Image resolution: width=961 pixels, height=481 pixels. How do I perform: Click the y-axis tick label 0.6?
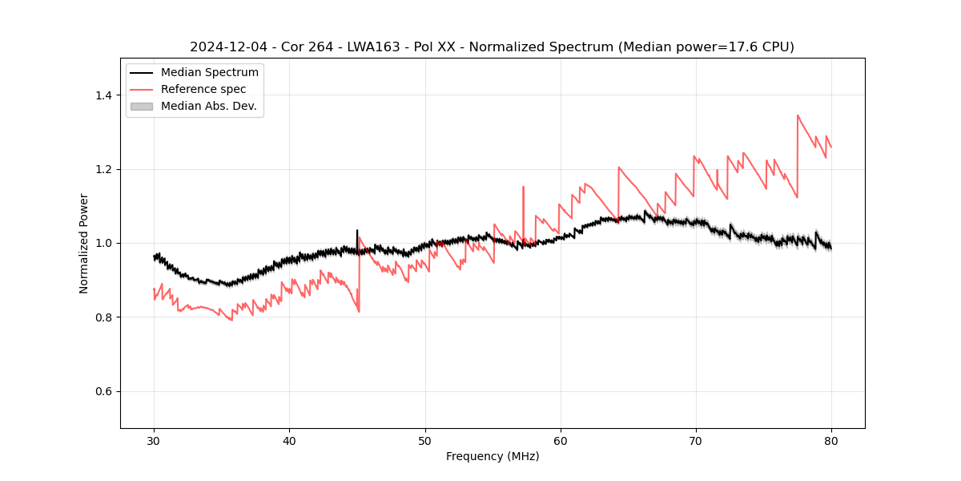coord(103,391)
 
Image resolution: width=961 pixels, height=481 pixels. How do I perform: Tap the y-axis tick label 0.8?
coord(103,317)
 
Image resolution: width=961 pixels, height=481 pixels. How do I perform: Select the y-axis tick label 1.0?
coord(103,243)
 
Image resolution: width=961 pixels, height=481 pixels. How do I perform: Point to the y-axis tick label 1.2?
coord(103,169)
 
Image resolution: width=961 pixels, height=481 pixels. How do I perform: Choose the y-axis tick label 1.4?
coord(103,95)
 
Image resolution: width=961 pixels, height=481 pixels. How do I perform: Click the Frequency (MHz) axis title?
coord(493,456)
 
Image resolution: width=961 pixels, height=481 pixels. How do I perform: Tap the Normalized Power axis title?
coord(84,243)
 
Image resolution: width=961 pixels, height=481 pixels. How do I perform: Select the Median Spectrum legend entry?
coord(209,72)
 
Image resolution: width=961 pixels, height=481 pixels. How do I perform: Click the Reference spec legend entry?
coord(203,89)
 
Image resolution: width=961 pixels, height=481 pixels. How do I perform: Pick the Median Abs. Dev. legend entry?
coord(208,106)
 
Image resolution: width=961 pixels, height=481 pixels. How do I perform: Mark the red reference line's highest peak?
coord(798,115)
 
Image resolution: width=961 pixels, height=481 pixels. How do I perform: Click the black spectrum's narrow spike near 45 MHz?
coord(357,231)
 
